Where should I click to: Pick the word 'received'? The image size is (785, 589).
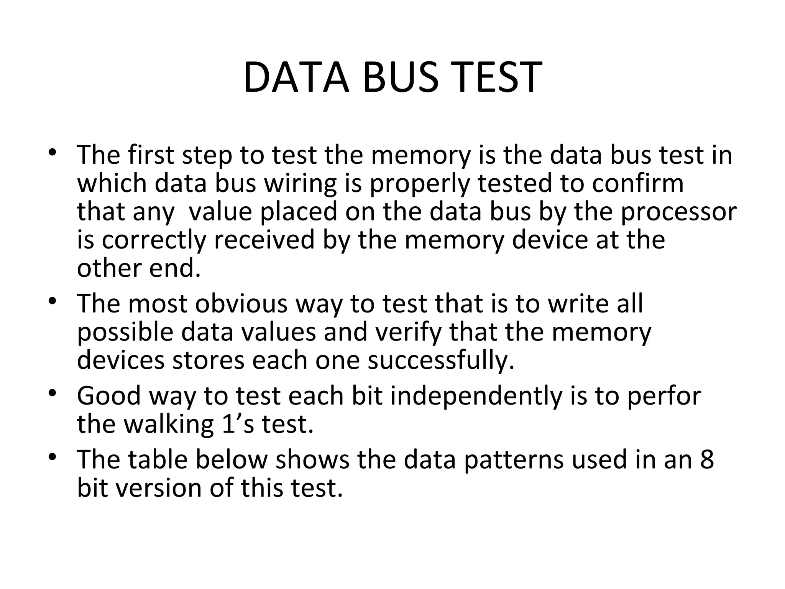coord(264,240)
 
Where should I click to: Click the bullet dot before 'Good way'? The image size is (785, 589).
coord(53,393)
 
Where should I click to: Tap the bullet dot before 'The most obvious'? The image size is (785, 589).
coord(53,301)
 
